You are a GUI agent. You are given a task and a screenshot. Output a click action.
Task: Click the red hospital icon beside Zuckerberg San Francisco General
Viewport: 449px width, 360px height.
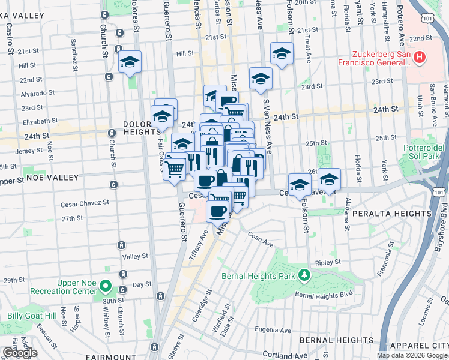click(x=420, y=58)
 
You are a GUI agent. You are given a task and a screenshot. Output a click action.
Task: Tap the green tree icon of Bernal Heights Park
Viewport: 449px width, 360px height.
click(x=305, y=275)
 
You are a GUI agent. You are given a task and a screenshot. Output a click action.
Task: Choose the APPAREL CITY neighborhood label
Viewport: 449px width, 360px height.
click(x=419, y=346)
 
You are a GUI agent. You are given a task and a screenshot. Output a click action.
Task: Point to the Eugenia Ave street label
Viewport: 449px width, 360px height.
click(x=274, y=330)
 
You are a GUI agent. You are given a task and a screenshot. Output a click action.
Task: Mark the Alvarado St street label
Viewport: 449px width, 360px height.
click(x=37, y=93)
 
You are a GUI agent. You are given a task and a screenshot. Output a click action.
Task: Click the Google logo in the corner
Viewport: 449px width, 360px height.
click(x=19, y=353)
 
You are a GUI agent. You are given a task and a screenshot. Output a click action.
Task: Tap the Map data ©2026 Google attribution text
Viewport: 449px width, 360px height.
click(x=412, y=355)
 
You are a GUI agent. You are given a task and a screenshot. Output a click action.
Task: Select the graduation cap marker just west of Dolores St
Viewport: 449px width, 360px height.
click(x=130, y=63)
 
